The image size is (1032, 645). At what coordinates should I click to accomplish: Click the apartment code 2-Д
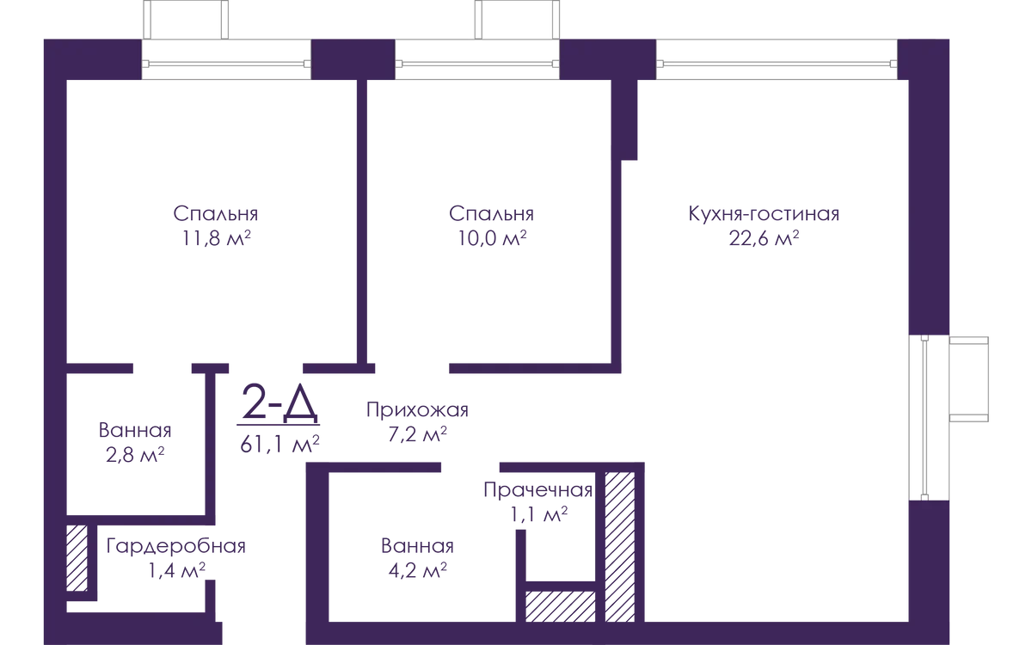point(279,403)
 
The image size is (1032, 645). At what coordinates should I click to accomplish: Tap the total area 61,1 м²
point(279,445)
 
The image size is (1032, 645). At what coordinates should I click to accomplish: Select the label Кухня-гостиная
point(764,214)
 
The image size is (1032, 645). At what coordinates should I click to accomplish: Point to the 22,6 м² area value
point(764,239)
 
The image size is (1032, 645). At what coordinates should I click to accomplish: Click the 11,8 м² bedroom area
point(216,239)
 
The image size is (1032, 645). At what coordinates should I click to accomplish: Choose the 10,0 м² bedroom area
point(492,239)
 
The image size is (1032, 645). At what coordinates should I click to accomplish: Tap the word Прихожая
point(417,410)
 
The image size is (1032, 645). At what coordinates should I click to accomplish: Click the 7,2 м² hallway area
point(417,434)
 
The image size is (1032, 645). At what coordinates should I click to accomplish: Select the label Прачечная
point(537,490)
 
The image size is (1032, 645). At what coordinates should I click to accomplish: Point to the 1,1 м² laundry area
point(538,514)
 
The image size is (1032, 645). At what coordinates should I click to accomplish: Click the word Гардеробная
point(175,546)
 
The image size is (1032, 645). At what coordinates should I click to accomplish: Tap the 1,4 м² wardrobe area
point(176,571)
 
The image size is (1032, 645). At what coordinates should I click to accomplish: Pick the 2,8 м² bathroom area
point(135,455)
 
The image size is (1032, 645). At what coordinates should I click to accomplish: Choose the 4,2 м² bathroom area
point(417,571)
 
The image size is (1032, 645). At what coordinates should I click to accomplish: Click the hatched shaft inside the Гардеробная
point(77,558)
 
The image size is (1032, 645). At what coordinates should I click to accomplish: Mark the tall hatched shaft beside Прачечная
point(620,547)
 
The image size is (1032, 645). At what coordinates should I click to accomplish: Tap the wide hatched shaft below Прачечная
point(560,607)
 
